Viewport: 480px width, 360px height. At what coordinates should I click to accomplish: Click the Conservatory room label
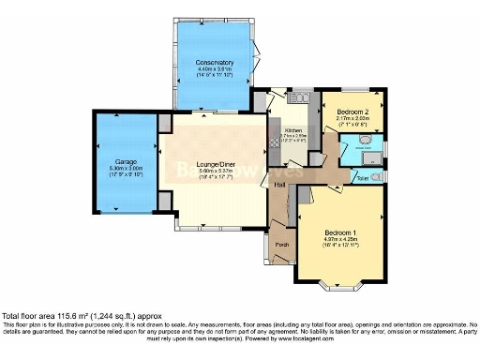[x=214, y=63]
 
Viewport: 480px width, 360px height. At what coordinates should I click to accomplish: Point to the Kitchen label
[x=293, y=131]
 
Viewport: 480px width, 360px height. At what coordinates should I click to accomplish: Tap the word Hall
[x=278, y=185]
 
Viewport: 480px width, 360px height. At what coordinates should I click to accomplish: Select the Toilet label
[x=362, y=175]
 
